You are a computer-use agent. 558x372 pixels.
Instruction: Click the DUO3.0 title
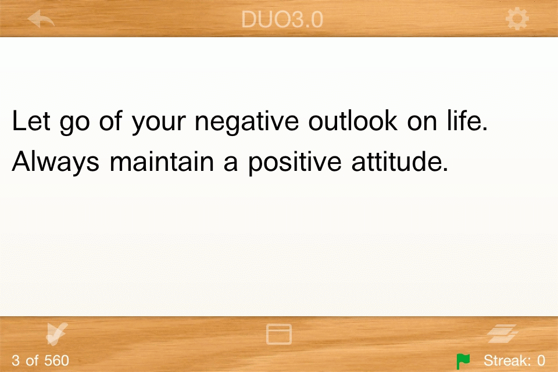pos(282,19)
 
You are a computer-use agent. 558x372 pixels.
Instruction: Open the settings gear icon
pos(517,19)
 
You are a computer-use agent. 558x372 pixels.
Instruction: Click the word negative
pos(246,121)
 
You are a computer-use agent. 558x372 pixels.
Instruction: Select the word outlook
pos(353,120)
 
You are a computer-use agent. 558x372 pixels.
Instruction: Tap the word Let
pos(31,120)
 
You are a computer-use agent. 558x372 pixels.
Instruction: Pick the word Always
pos(56,162)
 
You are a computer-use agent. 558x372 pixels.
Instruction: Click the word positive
pos(295,162)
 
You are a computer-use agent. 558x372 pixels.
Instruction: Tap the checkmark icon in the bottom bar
pos(56,334)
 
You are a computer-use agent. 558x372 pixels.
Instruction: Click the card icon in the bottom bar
pos(279,334)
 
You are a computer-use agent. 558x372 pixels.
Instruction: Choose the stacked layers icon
pos(502,334)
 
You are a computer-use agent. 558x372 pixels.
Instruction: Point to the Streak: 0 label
pos(514,360)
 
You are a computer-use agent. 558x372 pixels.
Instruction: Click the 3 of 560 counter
pos(40,360)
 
